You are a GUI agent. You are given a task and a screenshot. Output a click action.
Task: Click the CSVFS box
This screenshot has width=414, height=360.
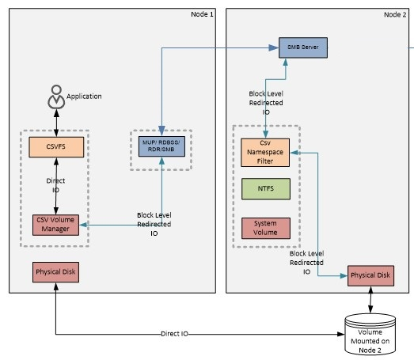click(56, 147)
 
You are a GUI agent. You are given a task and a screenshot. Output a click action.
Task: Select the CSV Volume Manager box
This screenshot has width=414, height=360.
click(55, 225)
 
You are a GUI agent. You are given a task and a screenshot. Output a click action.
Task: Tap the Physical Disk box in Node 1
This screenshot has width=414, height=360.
click(55, 272)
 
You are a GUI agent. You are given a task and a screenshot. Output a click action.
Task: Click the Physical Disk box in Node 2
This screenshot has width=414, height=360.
click(370, 276)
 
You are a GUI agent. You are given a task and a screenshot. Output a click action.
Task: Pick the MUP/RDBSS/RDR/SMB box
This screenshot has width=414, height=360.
click(161, 146)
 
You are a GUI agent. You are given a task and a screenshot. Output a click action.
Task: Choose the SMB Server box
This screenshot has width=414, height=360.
click(303, 47)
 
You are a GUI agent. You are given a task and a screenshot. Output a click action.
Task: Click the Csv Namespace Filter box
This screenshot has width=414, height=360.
click(265, 153)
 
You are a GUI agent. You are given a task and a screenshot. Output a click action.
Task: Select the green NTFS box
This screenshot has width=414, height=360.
click(266, 189)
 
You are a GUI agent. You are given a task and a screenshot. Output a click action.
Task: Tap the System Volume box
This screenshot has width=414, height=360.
click(266, 229)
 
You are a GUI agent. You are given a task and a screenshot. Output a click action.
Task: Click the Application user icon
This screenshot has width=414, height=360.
click(56, 97)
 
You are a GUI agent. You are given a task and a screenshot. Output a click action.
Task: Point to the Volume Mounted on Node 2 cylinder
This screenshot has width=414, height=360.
click(370, 335)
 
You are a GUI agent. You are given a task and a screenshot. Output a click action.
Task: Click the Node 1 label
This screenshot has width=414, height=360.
click(202, 14)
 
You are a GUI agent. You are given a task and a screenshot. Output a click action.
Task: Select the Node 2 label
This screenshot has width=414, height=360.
click(395, 14)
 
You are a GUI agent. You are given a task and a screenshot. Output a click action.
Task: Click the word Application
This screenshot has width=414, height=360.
click(84, 97)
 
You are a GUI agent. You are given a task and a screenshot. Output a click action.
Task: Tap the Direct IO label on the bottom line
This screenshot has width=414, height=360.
click(174, 334)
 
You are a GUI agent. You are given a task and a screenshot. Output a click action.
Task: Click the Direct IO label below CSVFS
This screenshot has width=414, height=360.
click(55, 185)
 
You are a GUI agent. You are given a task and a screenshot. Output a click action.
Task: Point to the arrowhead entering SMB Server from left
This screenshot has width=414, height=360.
click(274, 47)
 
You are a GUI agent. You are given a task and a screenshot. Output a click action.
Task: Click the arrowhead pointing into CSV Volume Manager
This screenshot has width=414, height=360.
click(83, 225)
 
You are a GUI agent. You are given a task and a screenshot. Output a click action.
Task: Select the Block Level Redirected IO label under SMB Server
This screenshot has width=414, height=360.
click(266, 103)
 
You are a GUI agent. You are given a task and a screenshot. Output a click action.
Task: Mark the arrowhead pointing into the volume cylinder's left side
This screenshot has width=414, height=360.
click(341, 334)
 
